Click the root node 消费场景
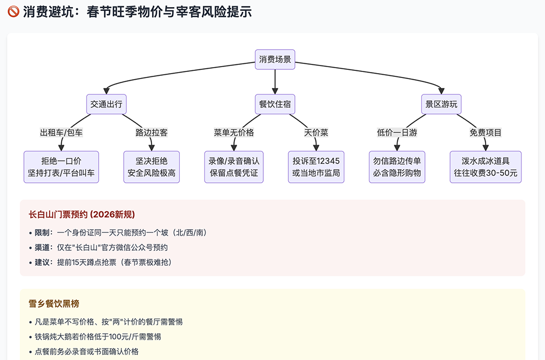pos(275,59)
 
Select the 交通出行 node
pos(106,104)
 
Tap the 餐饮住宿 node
pos(275,104)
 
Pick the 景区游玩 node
pos(441,104)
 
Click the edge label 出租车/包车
pos(61,133)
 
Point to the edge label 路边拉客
pos(152,133)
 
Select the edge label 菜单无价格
pos(234,133)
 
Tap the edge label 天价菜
pos(316,133)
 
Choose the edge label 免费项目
pos(486,133)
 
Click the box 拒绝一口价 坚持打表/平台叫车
pos(61,167)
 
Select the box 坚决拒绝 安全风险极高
pos(152,167)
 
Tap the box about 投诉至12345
pos(316,167)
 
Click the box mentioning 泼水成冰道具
pos(486,167)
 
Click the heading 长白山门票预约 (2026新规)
pos(82,214)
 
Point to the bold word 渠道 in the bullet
pos(42,247)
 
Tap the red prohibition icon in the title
pos(13,12)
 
